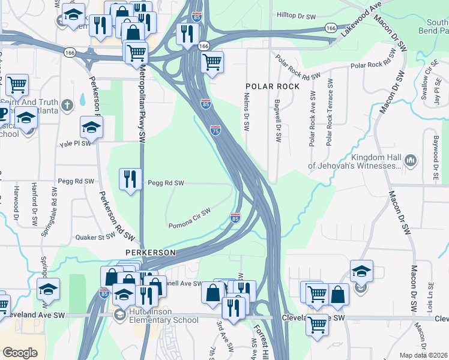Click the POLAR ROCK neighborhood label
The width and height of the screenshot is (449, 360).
click(x=272, y=86)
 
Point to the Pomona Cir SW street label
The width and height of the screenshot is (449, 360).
click(x=189, y=218)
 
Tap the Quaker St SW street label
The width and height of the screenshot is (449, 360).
click(x=95, y=237)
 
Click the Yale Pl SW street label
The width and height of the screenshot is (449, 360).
click(x=75, y=143)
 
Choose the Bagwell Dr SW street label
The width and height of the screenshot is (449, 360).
click(x=278, y=121)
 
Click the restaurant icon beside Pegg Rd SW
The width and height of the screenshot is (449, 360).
click(x=130, y=179)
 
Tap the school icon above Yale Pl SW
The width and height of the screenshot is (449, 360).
click(x=91, y=127)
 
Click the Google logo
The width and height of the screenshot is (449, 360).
click(x=20, y=353)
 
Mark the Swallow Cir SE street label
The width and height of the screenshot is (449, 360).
click(x=427, y=84)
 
